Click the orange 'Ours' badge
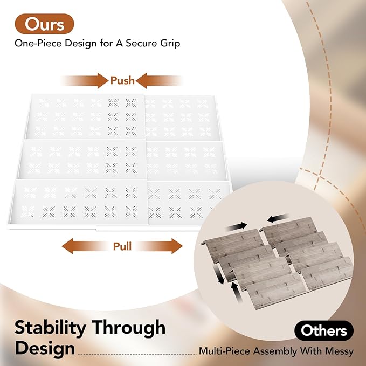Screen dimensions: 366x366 pos(44,24)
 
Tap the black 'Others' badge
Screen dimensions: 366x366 pos(324,330)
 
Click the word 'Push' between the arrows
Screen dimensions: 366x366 pos(122,80)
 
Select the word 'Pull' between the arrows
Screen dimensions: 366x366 pos(122,246)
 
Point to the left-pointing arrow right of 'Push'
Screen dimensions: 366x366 pos(159,80)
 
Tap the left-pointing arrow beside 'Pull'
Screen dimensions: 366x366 pos(85,246)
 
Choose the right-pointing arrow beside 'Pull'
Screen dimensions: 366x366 pos(159,246)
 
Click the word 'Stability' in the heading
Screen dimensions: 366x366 pos(50,328)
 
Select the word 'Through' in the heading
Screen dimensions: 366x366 pos(129,327)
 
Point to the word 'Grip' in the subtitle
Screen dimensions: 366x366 pos(170,44)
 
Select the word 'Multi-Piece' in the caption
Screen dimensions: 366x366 pos(225,351)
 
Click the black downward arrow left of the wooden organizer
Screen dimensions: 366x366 pos(219,274)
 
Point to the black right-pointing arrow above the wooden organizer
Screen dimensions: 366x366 pos(237,226)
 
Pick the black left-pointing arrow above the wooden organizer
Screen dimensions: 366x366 pos(278,218)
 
